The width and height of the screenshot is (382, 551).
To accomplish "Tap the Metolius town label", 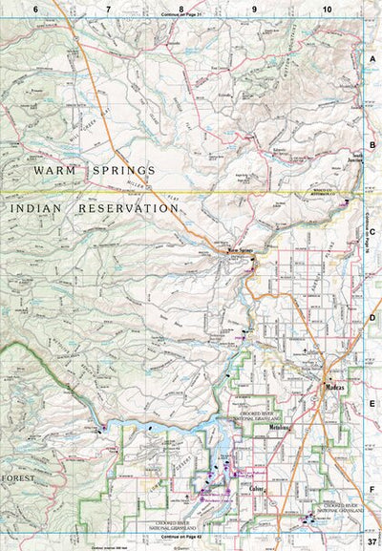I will click(x=280, y=430).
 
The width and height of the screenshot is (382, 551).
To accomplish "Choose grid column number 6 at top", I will click(x=35, y=9).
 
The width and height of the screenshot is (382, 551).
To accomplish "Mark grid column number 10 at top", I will click(x=328, y=9).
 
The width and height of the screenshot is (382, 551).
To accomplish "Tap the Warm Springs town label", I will click(x=241, y=252).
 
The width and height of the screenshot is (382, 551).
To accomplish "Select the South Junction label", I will click(x=355, y=154).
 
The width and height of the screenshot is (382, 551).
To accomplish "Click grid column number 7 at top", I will click(x=108, y=9).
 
